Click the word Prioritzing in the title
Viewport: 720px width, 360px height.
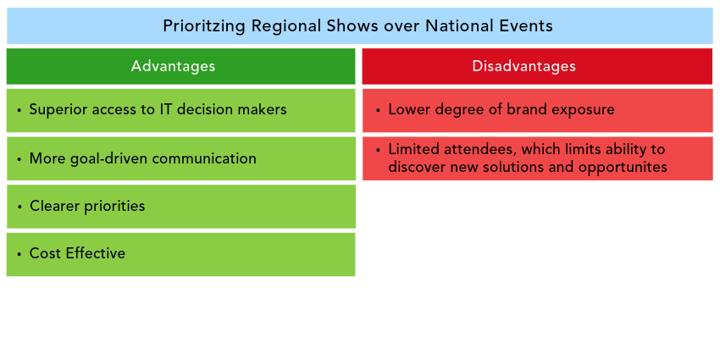[x=203, y=26]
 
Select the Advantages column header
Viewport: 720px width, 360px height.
[x=180, y=66]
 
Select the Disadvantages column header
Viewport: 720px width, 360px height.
[x=537, y=66]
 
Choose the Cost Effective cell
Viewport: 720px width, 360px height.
[x=180, y=254]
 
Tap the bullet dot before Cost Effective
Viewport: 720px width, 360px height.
[x=19, y=254]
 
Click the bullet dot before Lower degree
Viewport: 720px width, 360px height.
[x=378, y=110]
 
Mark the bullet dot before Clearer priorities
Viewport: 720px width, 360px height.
[x=19, y=207]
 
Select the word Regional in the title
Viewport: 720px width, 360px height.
[x=281, y=26]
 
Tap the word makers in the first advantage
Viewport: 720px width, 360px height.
[x=263, y=109]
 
